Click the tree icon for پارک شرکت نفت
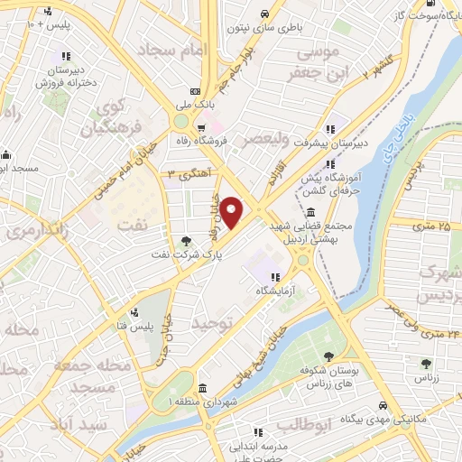click(x=185, y=240)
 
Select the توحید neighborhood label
click(x=214, y=320)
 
